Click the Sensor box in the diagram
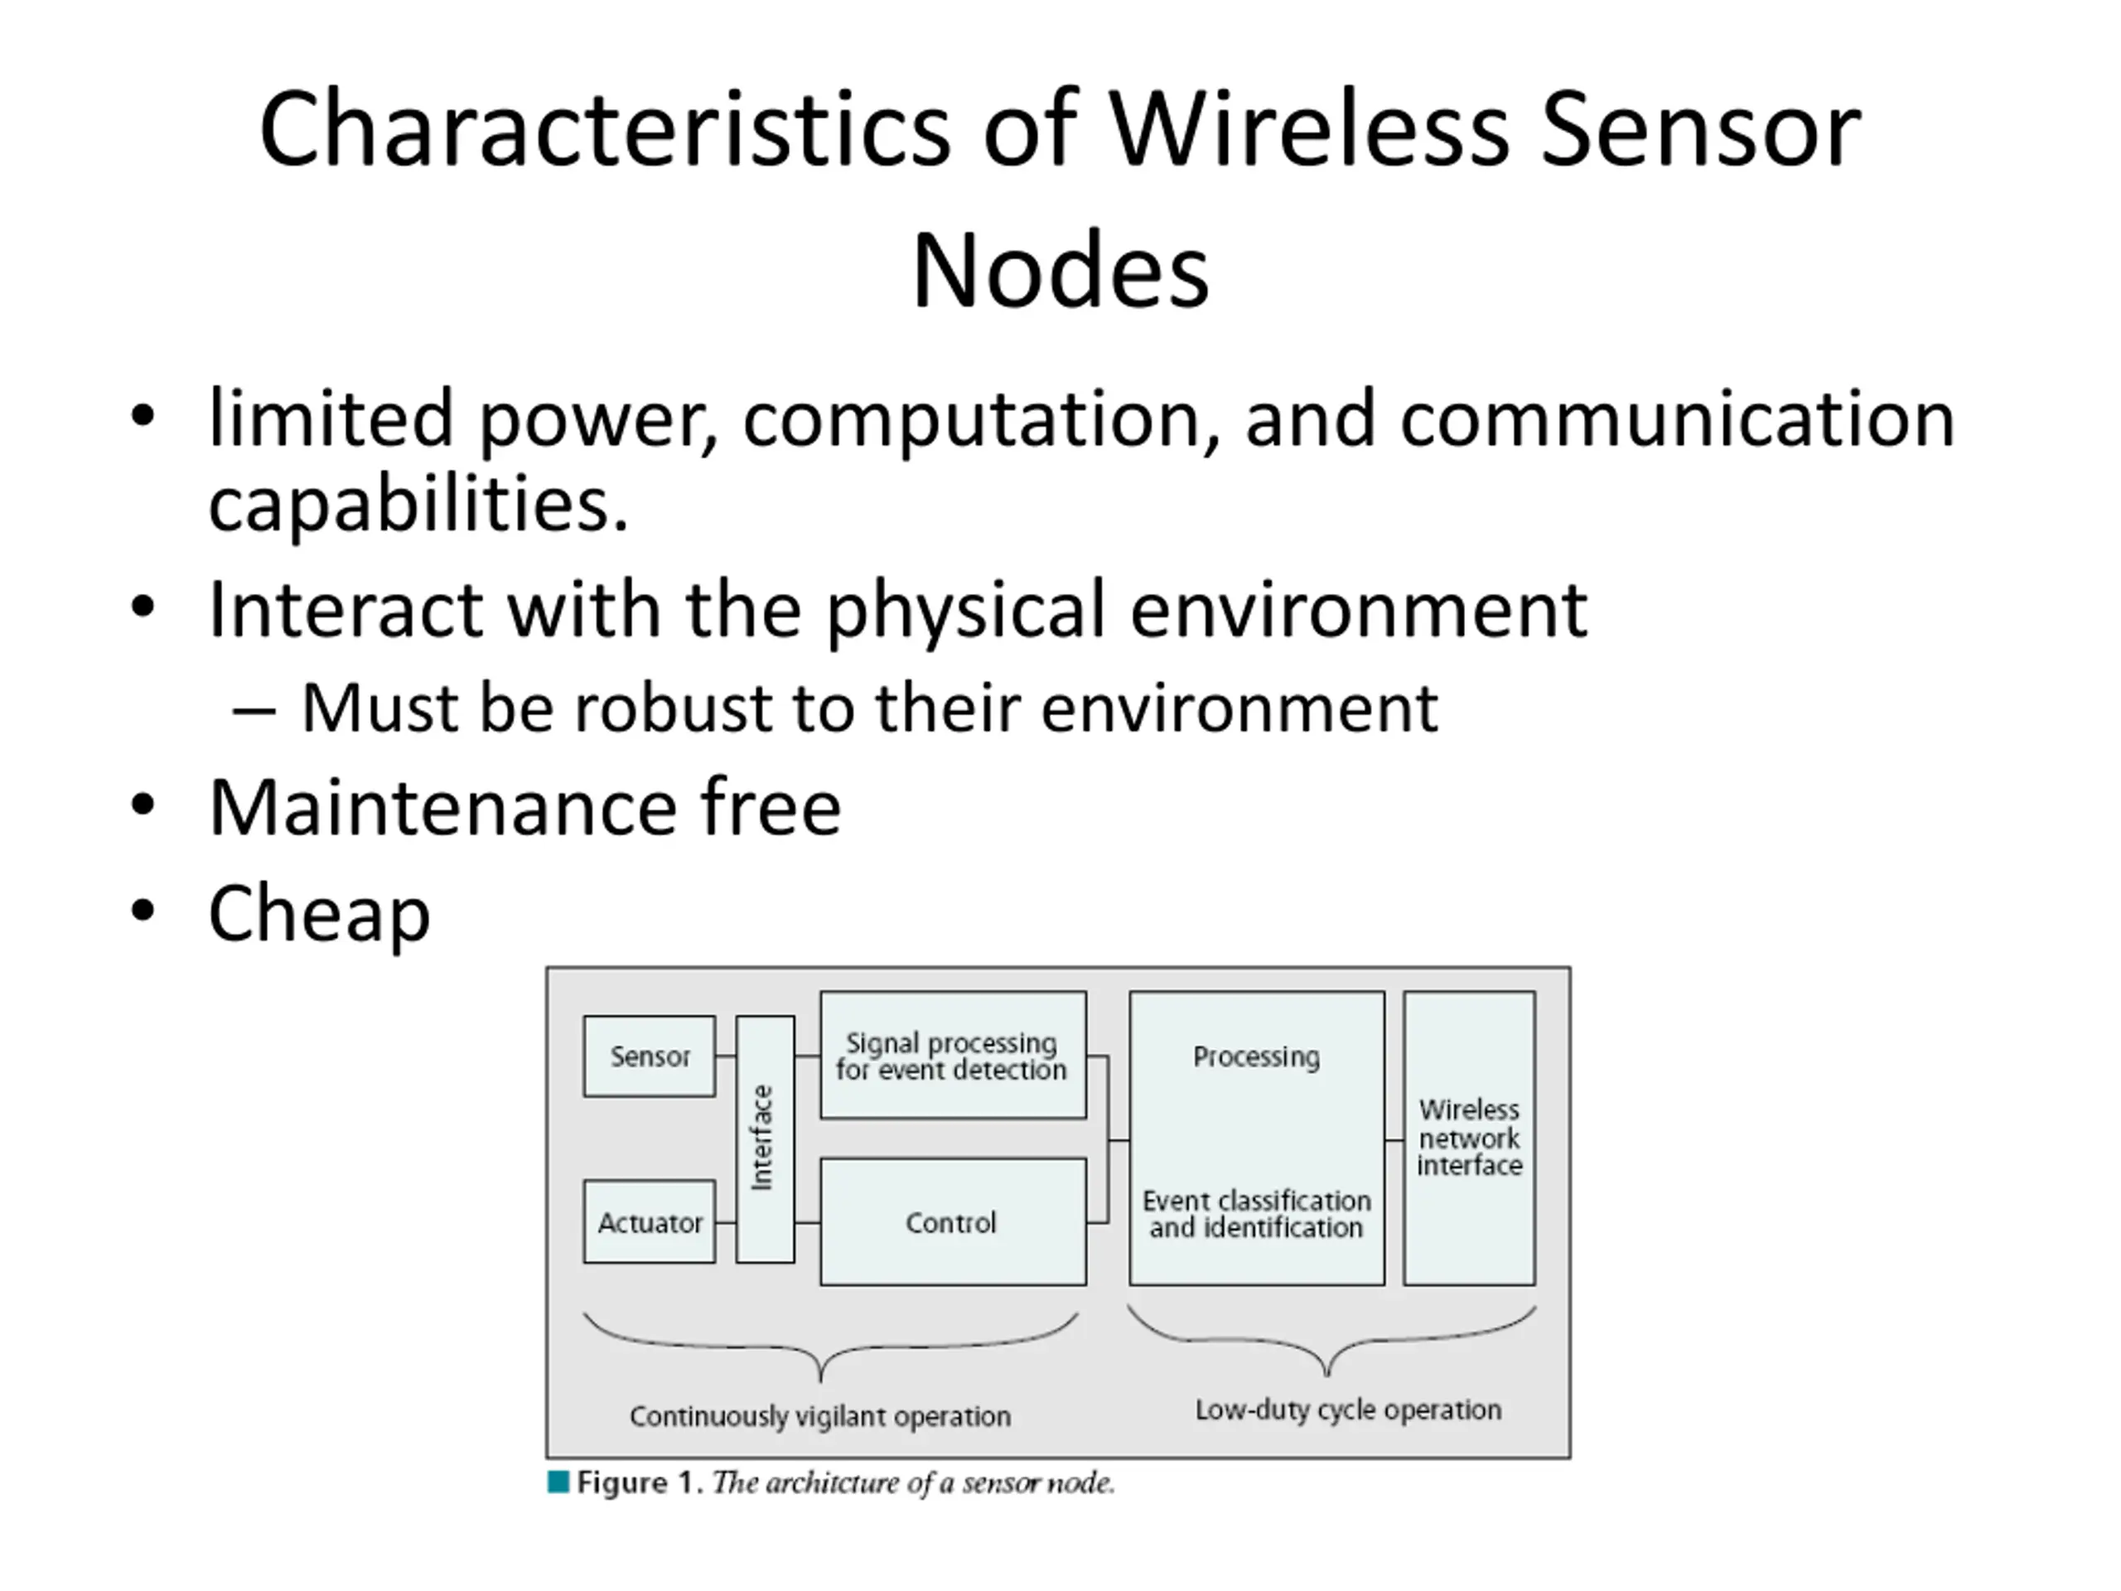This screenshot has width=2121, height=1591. tap(650, 1056)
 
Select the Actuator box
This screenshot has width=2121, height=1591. tap(650, 1221)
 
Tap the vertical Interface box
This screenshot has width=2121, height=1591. tap(764, 1139)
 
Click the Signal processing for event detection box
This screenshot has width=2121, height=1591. tap(952, 1055)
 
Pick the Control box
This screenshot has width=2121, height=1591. tap(952, 1221)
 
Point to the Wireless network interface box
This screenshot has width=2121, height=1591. tap(1469, 1138)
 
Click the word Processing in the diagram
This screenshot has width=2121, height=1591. tap(1256, 1056)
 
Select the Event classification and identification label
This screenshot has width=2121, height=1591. tap(1256, 1214)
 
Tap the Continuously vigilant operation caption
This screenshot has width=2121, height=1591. tap(820, 1416)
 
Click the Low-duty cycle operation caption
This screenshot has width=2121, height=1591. tap(1348, 1410)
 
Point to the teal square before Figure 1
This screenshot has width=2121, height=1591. tap(558, 1482)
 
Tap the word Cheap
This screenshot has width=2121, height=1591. tap(319, 913)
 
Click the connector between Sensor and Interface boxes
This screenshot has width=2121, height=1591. tap(726, 1056)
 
